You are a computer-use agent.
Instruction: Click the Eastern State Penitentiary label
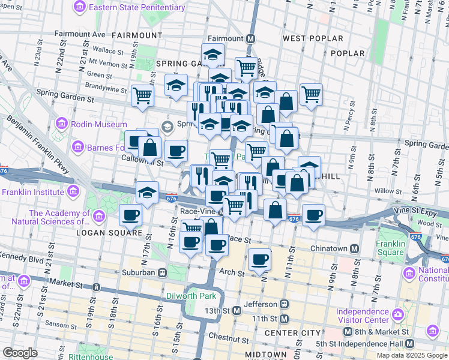click(x=136, y=7)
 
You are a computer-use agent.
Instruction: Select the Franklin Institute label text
click(x=32, y=192)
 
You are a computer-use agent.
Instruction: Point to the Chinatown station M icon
click(x=355, y=249)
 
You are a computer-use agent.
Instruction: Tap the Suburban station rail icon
click(x=162, y=272)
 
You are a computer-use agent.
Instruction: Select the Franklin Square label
click(x=391, y=248)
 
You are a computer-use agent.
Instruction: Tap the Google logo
click(x=20, y=353)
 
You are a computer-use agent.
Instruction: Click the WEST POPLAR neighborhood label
click(x=313, y=38)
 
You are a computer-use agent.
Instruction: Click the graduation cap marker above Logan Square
click(x=147, y=193)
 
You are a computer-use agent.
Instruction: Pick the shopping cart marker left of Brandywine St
click(x=143, y=95)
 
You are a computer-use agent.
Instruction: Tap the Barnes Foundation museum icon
click(x=77, y=147)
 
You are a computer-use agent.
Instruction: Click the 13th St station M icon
click(x=237, y=310)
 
